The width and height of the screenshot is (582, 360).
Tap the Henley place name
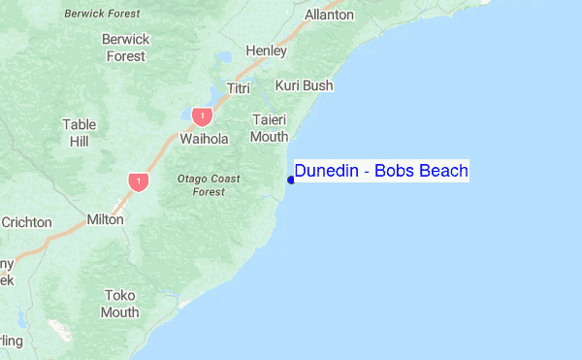pyautogui.click(x=266, y=50)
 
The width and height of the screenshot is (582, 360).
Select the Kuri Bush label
pyautogui.click(x=304, y=85)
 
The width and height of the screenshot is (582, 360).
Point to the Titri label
pyautogui.click(x=239, y=88)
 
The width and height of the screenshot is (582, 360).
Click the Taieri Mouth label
pyautogui.click(x=270, y=127)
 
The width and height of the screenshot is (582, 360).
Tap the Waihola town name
pyautogui.click(x=204, y=139)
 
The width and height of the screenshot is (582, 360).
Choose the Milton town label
pyautogui.click(x=105, y=219)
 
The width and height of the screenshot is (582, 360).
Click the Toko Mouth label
pyautogui.click(x=120, y=303)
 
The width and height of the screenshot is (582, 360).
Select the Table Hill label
pyautogui.click(x=80, y=133)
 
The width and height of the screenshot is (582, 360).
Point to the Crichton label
pyautogui.click(x=26, y=222)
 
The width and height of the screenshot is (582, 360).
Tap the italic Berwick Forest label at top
pyautogui.click(x=101, y=14)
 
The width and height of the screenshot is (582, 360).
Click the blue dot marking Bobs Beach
pyautogui.click(x=291, y=179)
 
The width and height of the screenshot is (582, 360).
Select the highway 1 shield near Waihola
pyautogui.click(x=202, y=116)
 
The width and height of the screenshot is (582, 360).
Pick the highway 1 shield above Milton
pyautogui.click(x=139, y=181)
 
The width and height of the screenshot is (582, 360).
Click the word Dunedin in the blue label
pyautogui.click(x=326, y=172)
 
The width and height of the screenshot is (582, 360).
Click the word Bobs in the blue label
pyautogui.click(x=394, y=172)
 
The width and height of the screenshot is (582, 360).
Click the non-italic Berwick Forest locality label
pyautogui.click(x=126, y=48)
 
